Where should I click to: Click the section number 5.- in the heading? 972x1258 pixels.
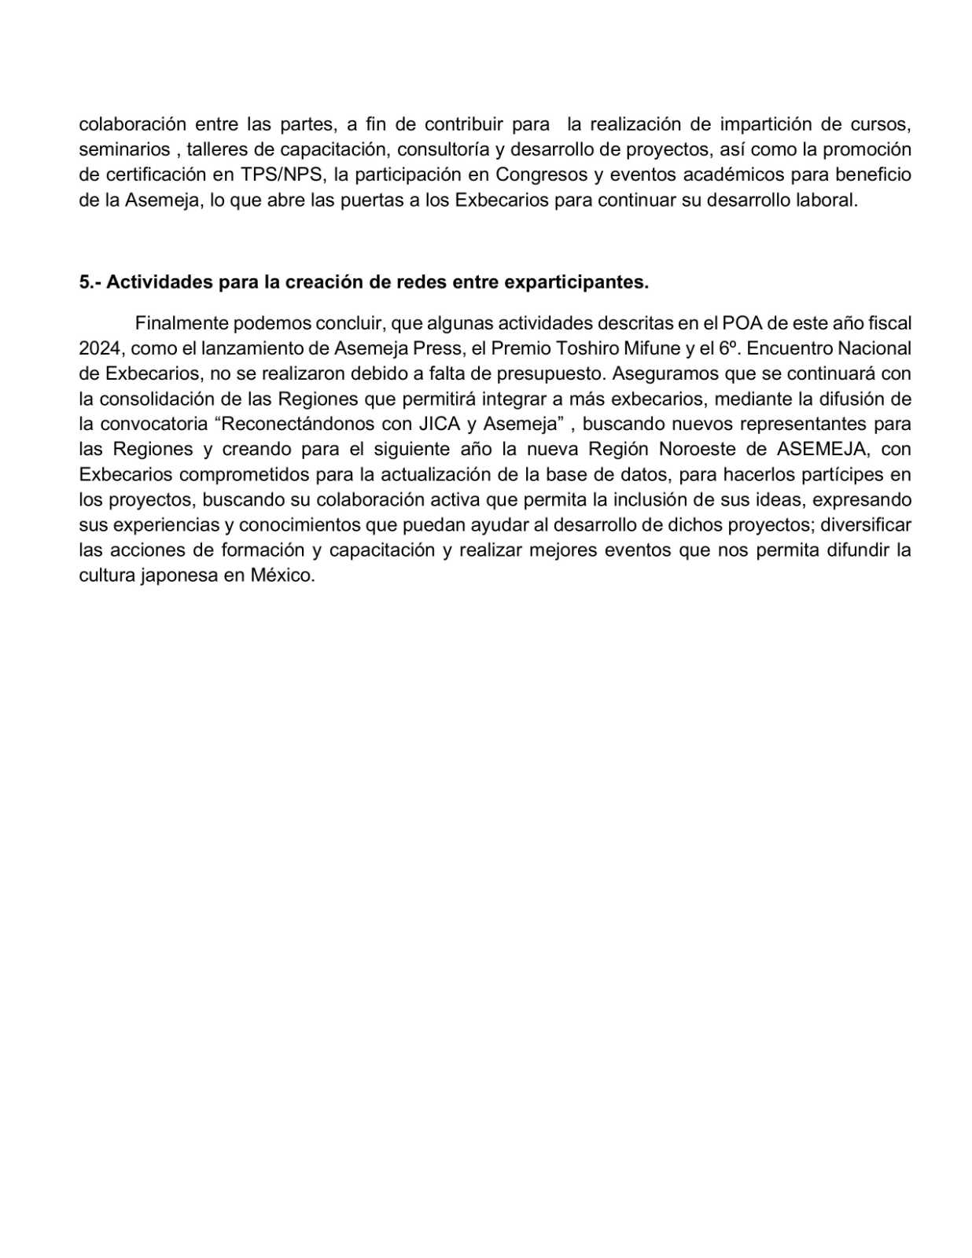(x=90, y=282)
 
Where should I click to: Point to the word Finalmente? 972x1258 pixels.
(x=181, y=323)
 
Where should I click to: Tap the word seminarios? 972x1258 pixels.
(x=123, y=149)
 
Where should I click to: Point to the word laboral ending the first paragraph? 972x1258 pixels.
(x=829, y=200)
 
